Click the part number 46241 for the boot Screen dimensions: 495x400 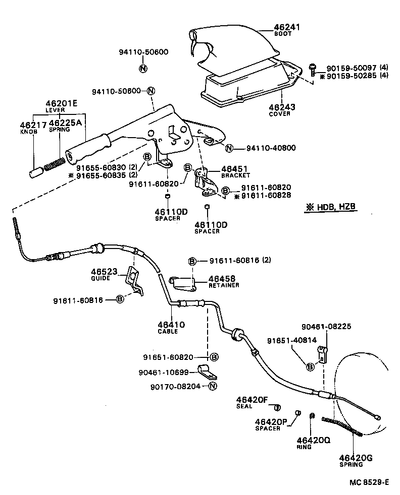(287, 27)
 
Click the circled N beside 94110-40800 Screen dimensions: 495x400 (229, 148)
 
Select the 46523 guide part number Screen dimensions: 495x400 (104, 271)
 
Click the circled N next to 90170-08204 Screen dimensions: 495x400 (212, 387)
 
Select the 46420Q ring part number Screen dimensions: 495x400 (313, 440)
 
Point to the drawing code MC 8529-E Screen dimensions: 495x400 (369, 482)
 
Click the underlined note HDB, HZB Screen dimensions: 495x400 (331, 207)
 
